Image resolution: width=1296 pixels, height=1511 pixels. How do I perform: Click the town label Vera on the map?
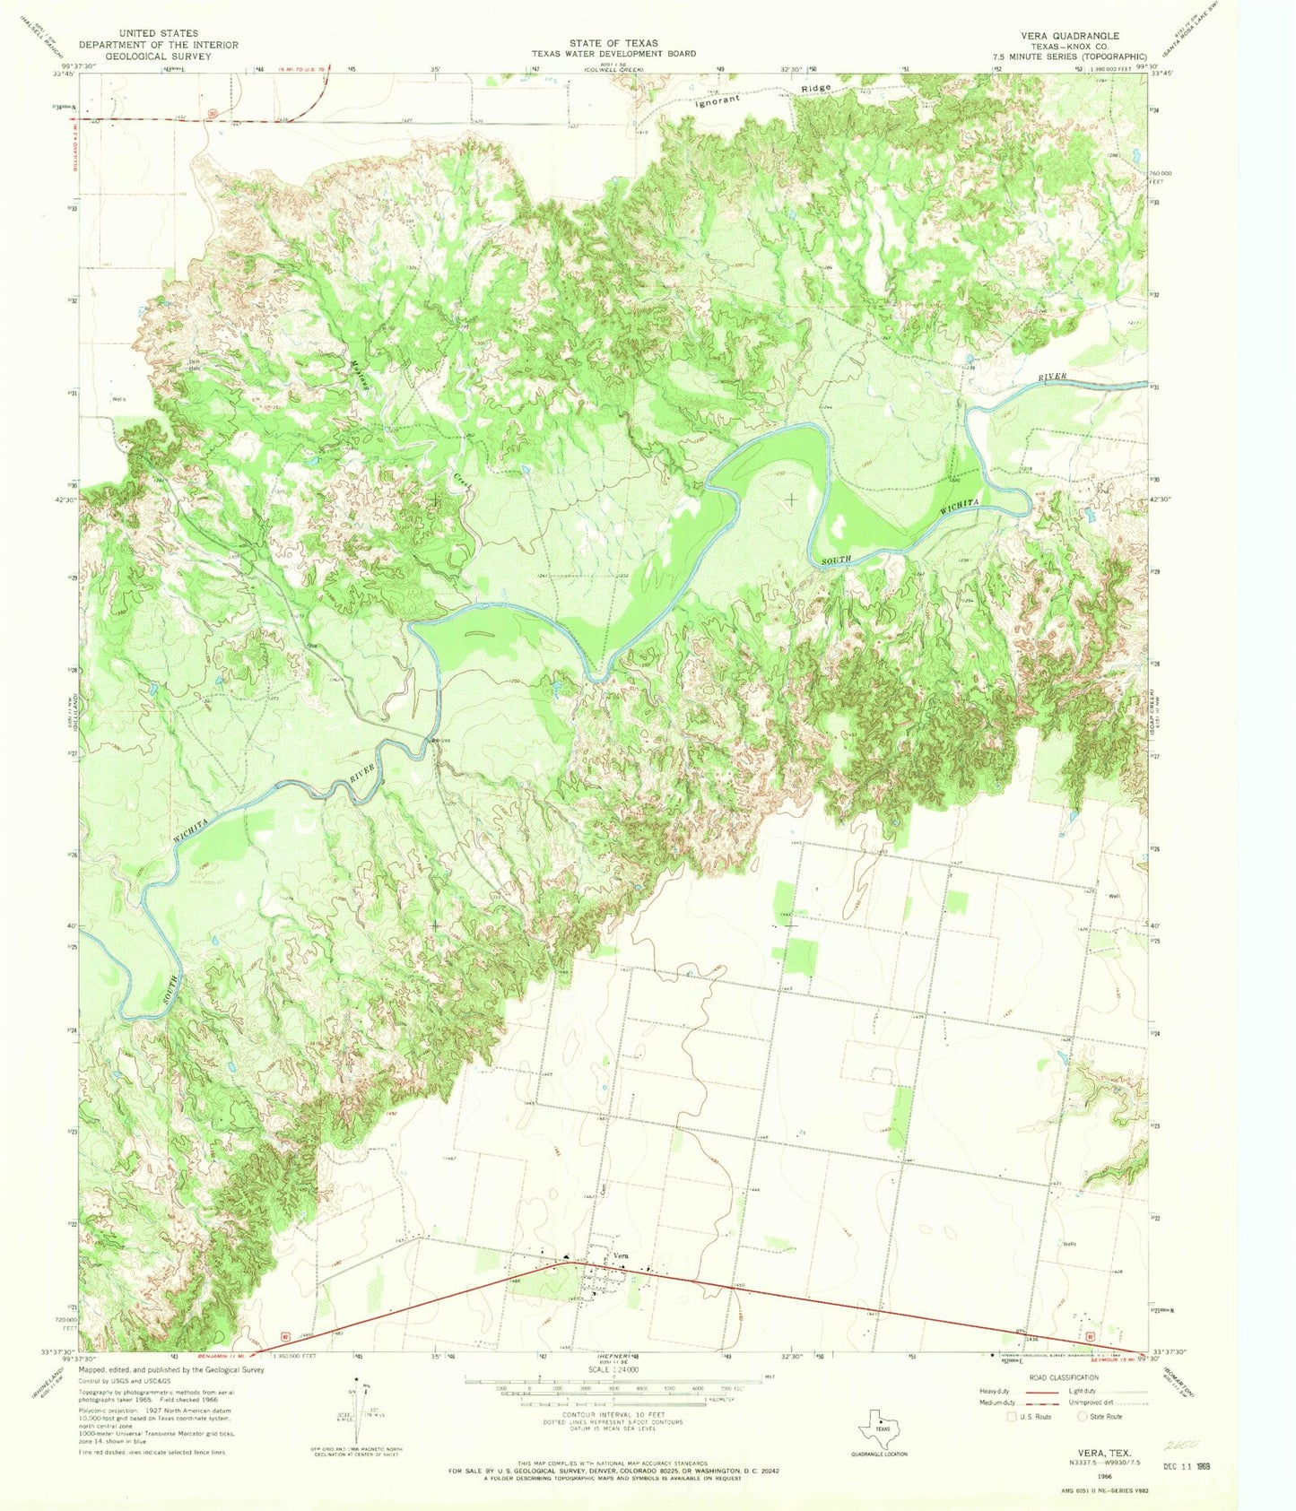(x=620, y=1255)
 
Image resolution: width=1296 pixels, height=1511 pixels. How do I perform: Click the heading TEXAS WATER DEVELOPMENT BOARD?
(x=613, y=54)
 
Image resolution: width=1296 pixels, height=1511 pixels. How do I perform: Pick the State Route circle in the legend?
(x=1083, y=1416)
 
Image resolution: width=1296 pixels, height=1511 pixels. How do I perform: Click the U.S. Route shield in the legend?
(x=1013, y=1416)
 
